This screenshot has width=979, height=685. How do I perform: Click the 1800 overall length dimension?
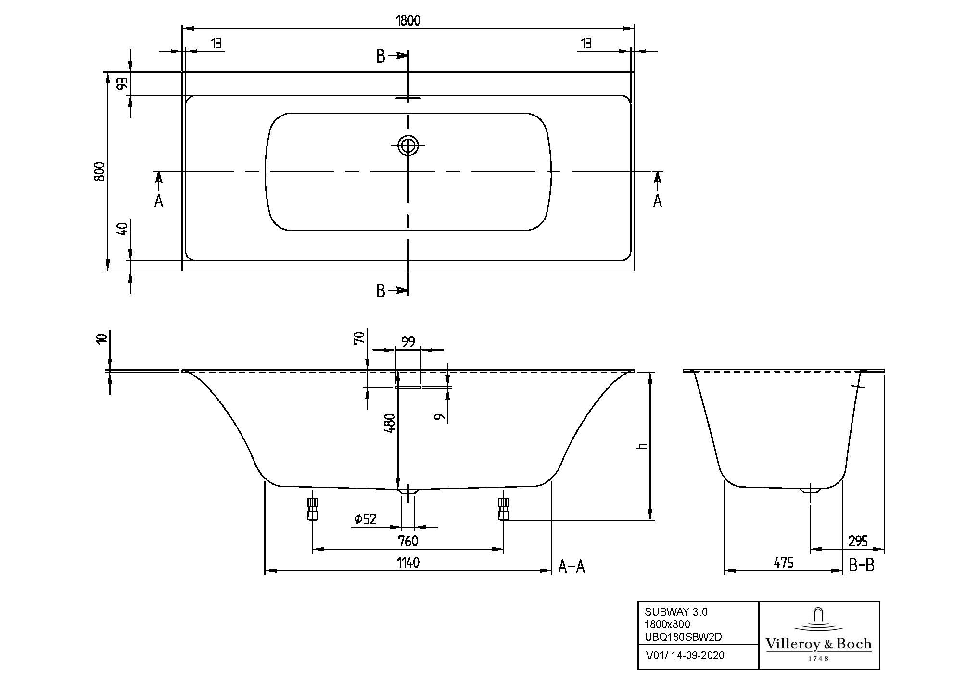[408, 20]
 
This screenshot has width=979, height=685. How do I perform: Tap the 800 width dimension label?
[100, 171]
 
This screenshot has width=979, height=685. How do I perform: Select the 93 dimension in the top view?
[122, 83]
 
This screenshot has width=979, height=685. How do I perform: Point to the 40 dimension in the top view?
[122, 229]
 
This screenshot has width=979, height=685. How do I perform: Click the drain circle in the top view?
[408, 144]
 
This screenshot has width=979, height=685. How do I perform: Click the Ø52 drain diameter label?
[365, 519]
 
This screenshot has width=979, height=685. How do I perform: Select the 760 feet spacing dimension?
[408, 541]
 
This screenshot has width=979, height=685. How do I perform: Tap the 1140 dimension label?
[408, 563]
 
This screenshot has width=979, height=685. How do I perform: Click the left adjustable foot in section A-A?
[313, 509]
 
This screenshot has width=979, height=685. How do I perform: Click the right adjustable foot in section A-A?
[503, 509]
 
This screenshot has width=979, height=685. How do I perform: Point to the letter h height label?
[642, 446]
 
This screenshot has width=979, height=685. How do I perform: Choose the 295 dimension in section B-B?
[858, 541]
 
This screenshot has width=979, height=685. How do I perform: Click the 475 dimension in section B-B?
[783, 563]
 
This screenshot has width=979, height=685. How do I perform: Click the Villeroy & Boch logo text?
[818, 644]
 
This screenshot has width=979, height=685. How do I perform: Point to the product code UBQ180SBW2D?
[683, 637]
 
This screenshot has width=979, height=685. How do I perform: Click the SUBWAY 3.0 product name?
[676, 612]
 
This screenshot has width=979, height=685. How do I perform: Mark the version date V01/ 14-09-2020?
[685, 656]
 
